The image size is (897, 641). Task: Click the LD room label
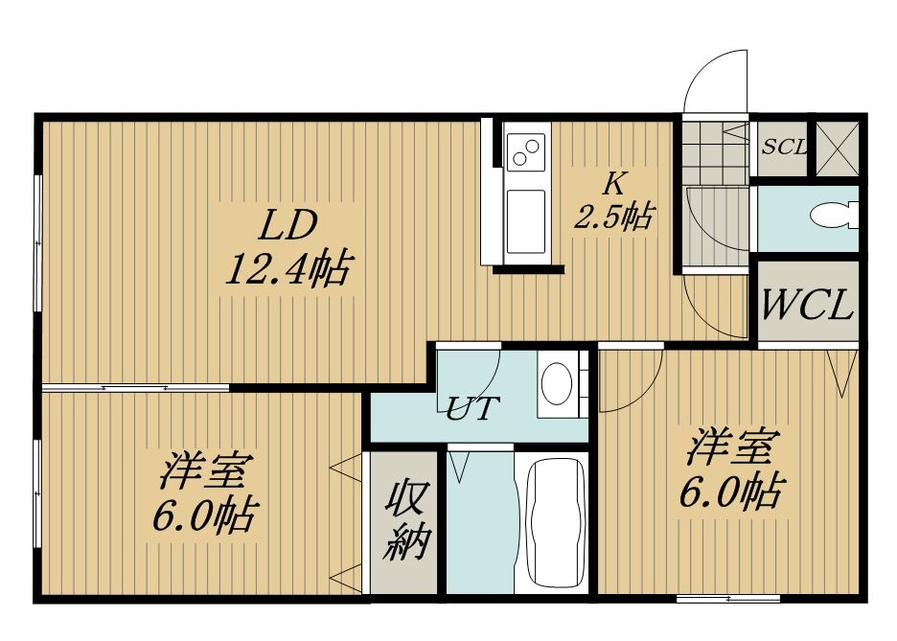point(287,226)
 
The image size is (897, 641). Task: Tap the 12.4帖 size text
point(287,268)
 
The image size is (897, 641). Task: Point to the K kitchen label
point(614,184)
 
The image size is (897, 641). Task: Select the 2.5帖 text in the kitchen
point(614,217)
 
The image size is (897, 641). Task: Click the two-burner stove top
point(526,151)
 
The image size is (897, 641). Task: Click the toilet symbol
point(834,217)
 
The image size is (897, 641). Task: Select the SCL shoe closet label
point(784,148)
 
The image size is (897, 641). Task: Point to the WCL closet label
point(808,305)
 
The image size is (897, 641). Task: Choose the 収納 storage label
point(405,521)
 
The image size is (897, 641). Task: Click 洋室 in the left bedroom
point(204,471)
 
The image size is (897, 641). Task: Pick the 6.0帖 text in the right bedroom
point(731,492)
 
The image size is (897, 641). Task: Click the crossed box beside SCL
point(837,149)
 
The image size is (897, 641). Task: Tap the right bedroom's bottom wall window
point(728,599)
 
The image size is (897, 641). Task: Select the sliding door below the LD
point(135,388)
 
